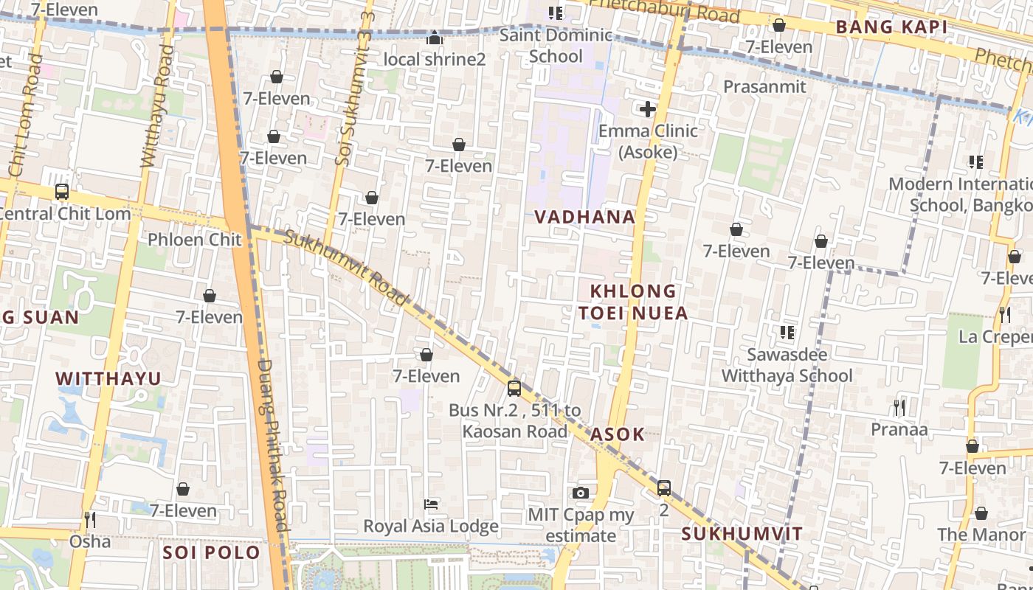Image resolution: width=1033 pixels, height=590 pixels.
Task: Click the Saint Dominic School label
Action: (556, 46)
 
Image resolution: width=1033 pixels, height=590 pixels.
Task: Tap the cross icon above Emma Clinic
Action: (648, 110)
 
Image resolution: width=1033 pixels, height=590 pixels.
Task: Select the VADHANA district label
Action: (584, 217)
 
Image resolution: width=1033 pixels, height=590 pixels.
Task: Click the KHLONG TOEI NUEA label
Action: (633, 302)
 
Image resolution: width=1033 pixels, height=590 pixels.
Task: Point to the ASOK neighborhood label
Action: (617, 434)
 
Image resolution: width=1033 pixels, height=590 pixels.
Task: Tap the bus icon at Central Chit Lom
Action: (62, 192)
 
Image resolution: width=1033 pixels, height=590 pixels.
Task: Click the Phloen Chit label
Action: (195, 240)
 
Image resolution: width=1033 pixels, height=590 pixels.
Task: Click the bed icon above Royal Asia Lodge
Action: (432, 504)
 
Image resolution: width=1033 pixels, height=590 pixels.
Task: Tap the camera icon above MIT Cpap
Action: (581, 493)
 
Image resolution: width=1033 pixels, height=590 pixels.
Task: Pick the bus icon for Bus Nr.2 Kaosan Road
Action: (514, 388)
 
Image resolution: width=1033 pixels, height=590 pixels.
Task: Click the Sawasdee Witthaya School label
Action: (787, 365)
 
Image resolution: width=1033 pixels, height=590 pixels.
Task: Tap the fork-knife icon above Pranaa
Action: (899, 407)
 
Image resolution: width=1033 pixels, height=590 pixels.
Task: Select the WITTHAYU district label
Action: (108, 379)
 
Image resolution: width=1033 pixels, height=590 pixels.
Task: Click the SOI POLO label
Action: (212, 552)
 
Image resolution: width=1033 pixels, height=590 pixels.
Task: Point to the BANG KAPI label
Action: (891, 27)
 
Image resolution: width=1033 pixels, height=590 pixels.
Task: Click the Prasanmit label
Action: (764, 86)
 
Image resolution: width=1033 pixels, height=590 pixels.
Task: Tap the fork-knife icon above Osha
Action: (89, 520)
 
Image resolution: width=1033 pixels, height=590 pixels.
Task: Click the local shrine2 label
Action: (435, 59)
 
